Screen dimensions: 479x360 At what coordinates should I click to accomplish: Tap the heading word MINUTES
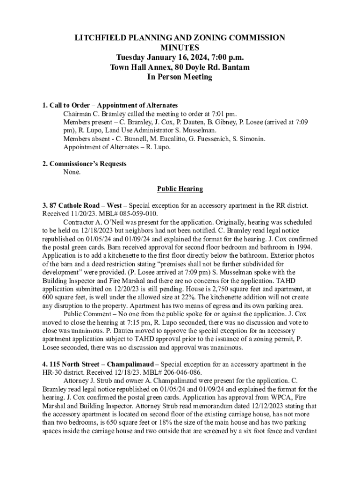click(x=180, y=48)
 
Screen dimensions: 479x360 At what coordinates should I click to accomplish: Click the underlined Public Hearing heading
click(x=180, y=189)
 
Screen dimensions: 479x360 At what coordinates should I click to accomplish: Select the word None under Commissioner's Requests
click(x=72, y=172)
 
